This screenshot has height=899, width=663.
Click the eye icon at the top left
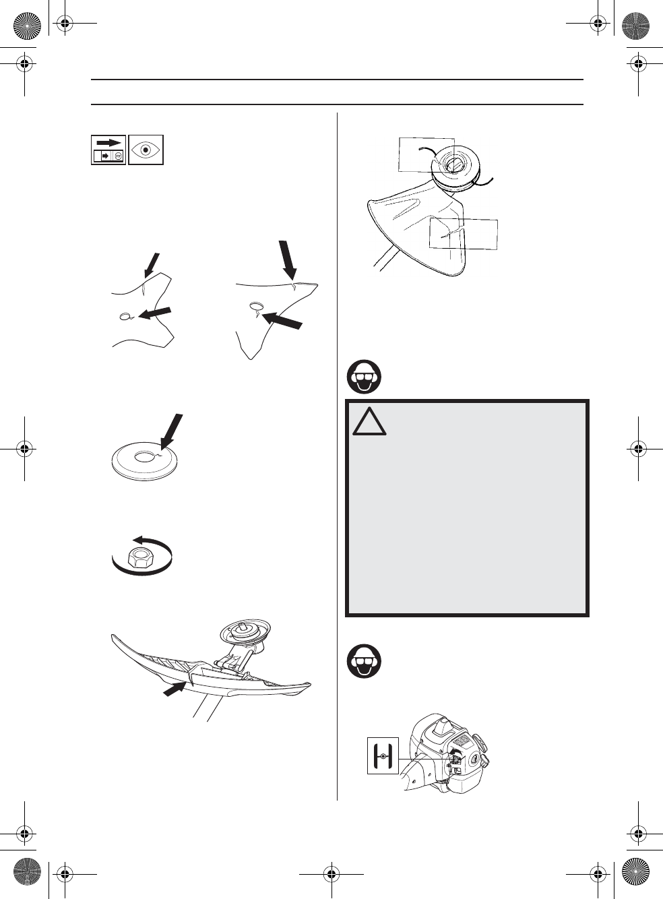pos(146,150)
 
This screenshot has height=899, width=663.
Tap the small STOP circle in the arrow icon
pos(118,156)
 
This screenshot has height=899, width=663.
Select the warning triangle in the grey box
pos(369,422)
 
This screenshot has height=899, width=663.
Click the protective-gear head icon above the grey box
pos(365,377)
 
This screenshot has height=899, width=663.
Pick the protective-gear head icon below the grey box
pos(365,662)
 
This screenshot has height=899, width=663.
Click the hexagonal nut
pos(141,558)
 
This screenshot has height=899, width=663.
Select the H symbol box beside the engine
pos(383,755)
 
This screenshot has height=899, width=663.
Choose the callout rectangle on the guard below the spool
pos(464,234)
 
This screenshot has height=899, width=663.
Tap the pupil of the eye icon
pos(146,150)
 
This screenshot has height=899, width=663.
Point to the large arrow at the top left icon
pos(109,142)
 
